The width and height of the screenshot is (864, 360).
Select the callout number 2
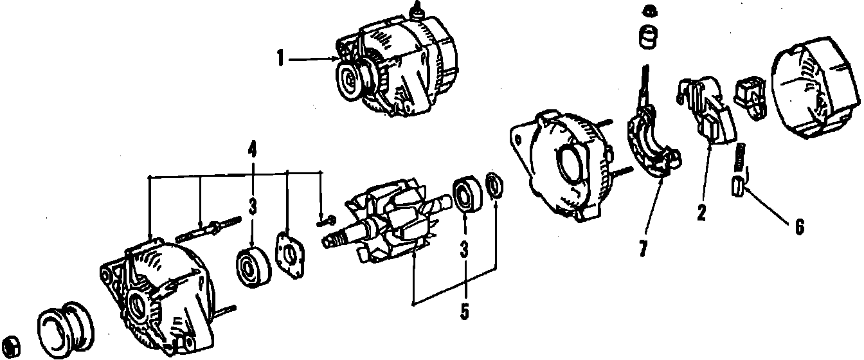[x=701, y=213]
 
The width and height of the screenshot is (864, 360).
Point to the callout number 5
[x=464, y=310]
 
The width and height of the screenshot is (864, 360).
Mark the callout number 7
[x=643, y=249]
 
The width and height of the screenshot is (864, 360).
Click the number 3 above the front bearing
[x=252, y=207]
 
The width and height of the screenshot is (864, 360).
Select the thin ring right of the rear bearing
[x=494, y=184]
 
